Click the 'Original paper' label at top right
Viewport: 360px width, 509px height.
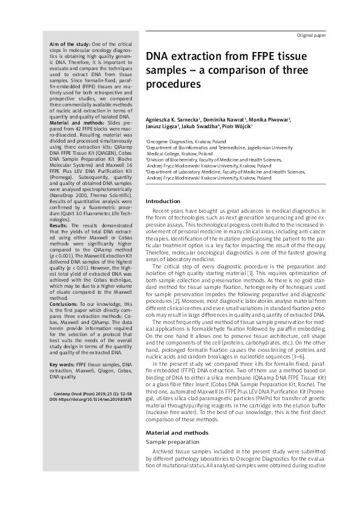(311, 36)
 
